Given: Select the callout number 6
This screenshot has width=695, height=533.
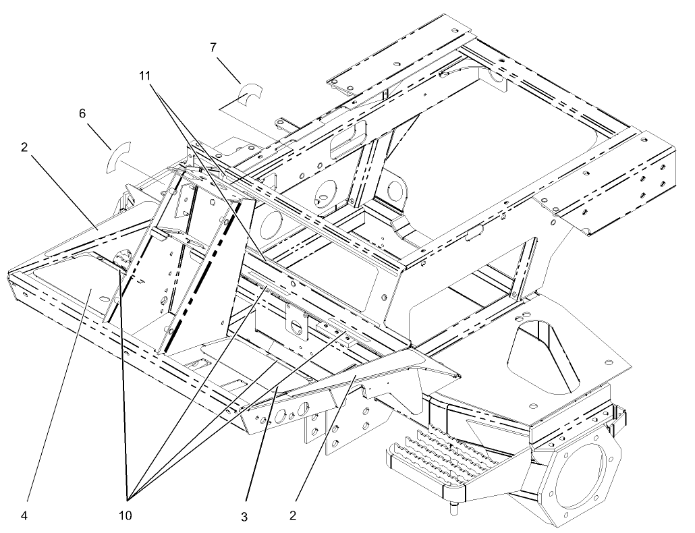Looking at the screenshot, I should point(82,115).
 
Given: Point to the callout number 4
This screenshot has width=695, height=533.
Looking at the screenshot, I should point(24,517).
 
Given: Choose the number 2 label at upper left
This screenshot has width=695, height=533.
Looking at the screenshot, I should point(24,147).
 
